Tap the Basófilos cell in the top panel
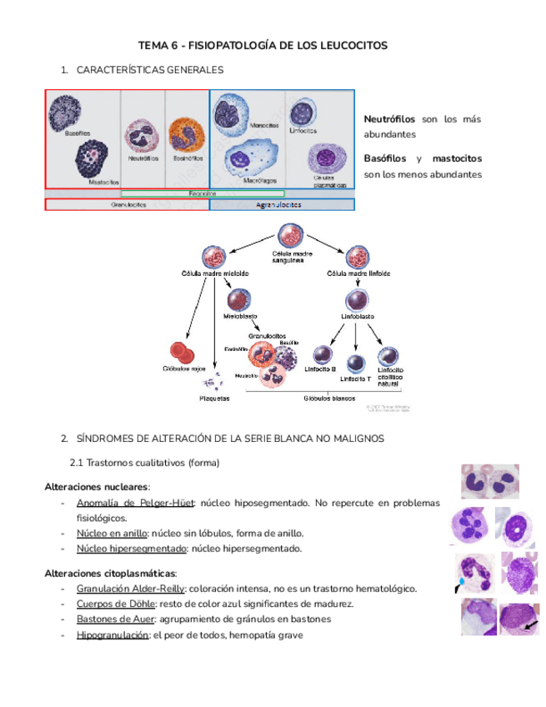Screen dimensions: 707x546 (64, 113)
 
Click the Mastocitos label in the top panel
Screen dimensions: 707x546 (104, 180)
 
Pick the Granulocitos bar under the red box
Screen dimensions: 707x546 (127, 204)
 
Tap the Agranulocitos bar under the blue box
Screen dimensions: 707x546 (281, 204)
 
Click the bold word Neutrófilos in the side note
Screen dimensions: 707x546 (389, 120)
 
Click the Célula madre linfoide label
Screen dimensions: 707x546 (358, 273)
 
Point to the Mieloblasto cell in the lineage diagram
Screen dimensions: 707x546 (239, 300)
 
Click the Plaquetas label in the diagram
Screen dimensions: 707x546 (214, 399)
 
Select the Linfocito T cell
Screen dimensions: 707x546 (356, 363)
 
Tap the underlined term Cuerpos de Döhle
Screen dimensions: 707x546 (109, 604)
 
